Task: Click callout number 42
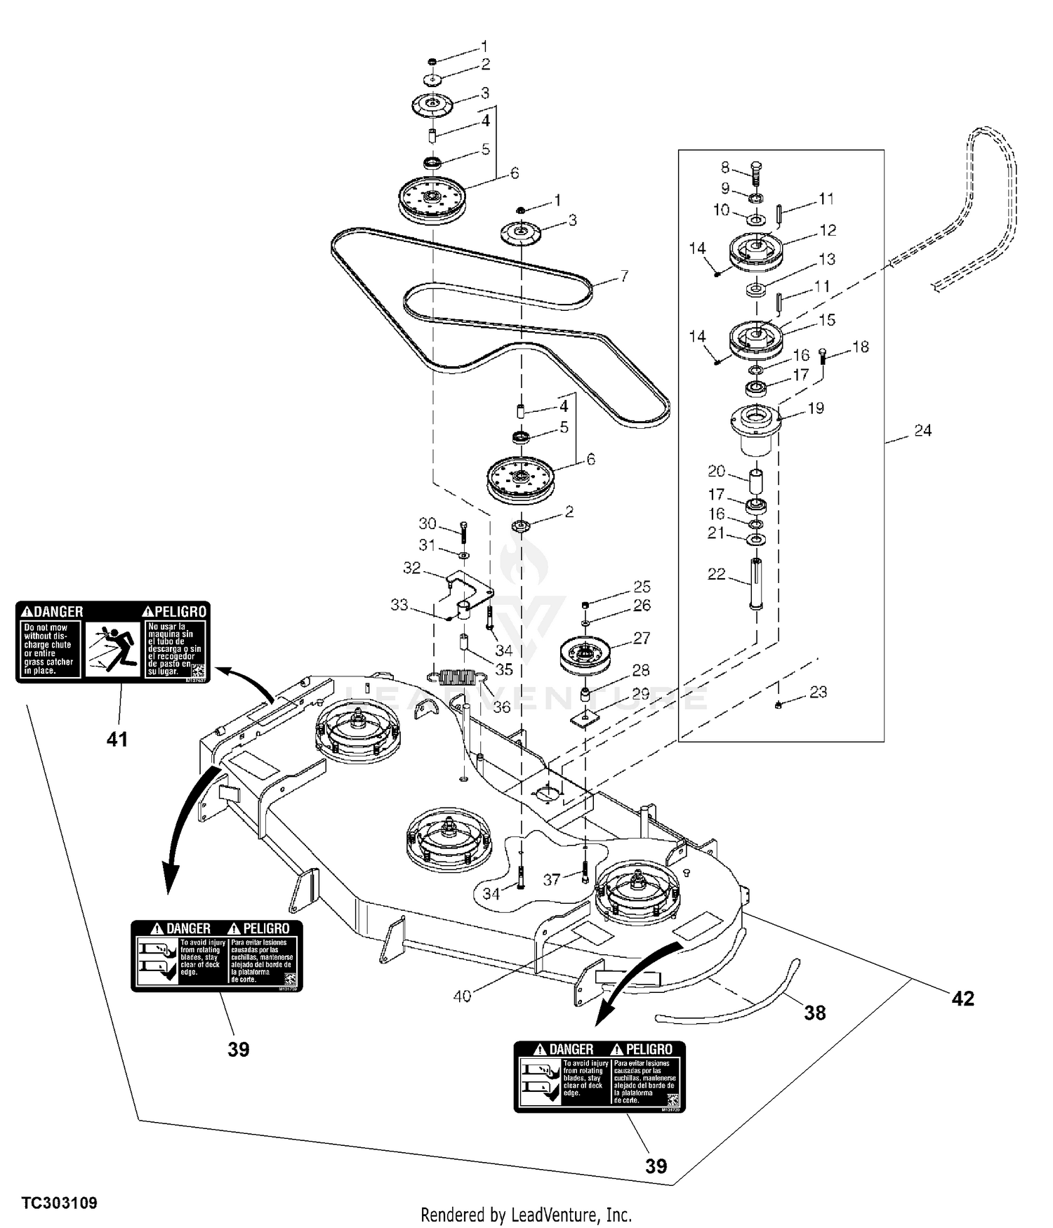click(x=962, y=999)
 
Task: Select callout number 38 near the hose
click(x=814, y=1013)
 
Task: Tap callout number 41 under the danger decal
click(x=117, y=739)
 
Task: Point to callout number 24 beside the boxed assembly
click(x=922, y=431)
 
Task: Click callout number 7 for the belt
click(x=623, y=276)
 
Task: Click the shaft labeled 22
click(x=756, y=583)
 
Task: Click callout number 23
click(x=818, y=693)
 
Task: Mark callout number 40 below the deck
click(x=462, y=996)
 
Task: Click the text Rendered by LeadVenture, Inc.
click(x=526, y=1215)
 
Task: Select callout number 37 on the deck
click(x=552, y=879)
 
